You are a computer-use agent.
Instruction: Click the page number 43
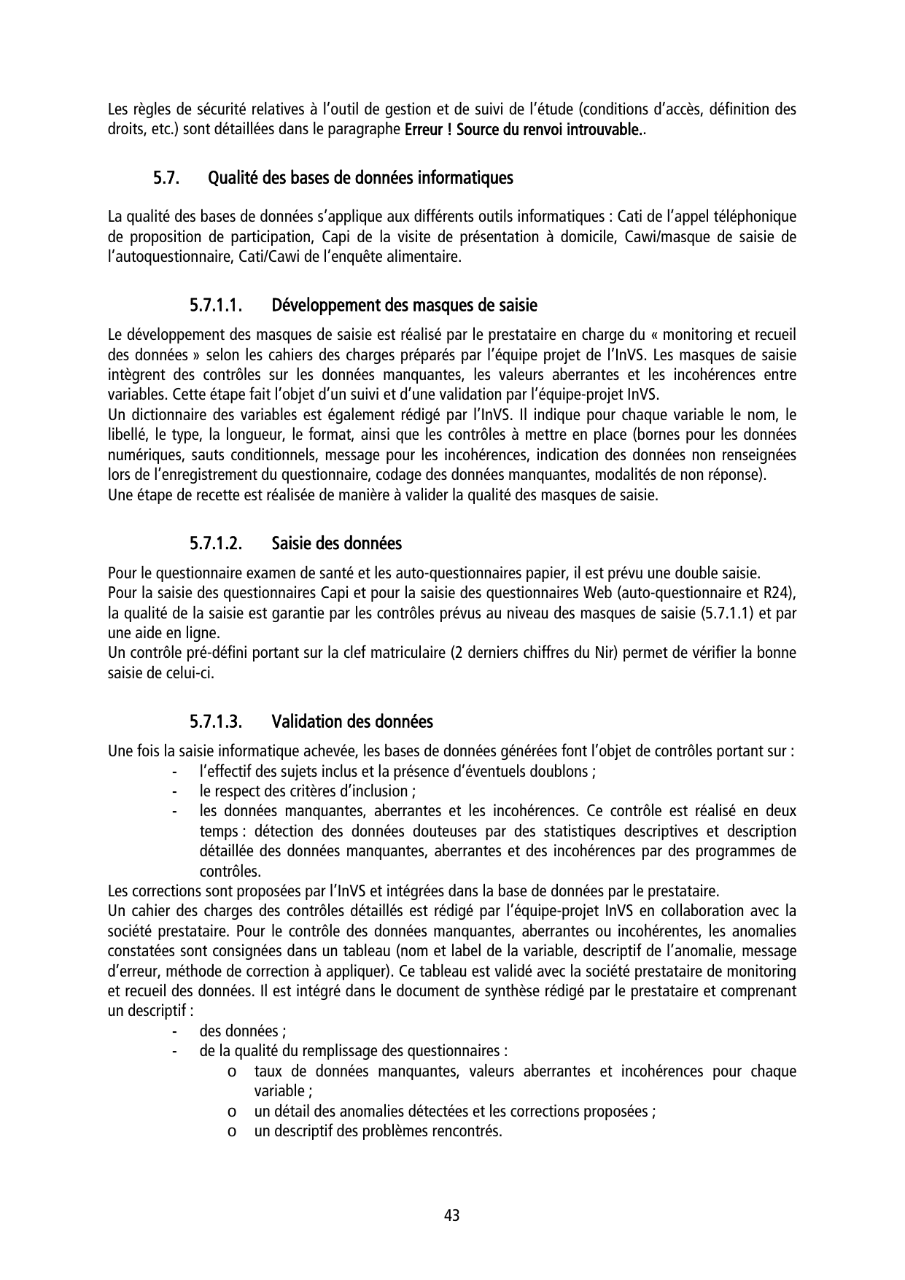(451, 1216)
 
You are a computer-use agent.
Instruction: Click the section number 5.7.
(166, 178)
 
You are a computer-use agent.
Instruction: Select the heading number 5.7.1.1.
(216, 305)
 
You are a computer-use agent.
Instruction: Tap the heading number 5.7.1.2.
(216, 544)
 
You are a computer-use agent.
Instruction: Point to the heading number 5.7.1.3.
(216, 722)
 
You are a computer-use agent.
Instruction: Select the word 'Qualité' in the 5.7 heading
(231, 178)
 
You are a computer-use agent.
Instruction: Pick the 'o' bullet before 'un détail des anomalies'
(230, 1112)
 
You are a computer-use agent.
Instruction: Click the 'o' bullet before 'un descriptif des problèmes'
(230, 1132)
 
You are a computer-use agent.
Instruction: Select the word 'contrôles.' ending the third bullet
(230, 872)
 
